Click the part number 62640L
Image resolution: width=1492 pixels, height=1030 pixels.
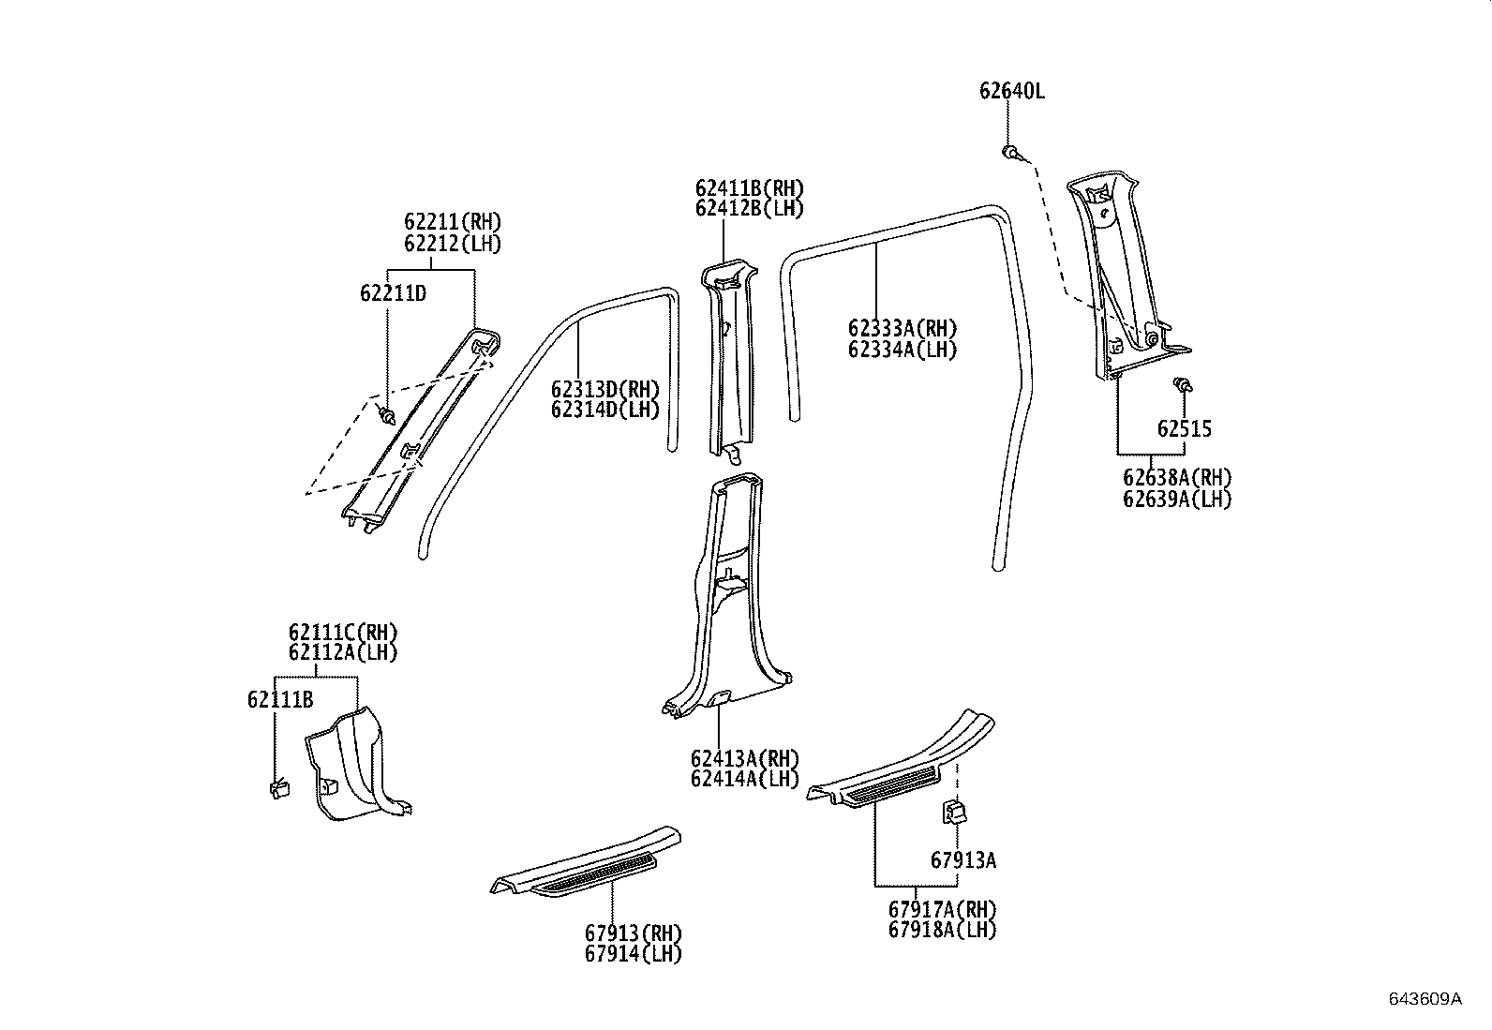coord(1011,91)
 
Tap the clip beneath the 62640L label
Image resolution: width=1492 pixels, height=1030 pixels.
coord(1010,151)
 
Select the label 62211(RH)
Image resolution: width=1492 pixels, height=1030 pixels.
coord(453,222)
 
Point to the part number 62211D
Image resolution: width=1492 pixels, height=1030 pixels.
coord(393,293)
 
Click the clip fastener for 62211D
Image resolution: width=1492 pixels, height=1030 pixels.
coord(386,412)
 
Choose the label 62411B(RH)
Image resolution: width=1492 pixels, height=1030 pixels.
coord(749,188)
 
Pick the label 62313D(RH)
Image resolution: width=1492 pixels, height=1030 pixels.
coord(604,389)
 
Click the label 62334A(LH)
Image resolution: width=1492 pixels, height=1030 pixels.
coord(902,350)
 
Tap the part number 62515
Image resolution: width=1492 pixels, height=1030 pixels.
coord(1184,429)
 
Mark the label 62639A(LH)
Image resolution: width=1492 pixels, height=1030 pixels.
coord(1177,499)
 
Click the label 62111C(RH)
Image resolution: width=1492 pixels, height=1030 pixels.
coord(343,633)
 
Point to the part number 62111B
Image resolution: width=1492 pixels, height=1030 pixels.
coord(280,699)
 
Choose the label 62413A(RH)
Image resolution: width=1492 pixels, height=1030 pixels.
coord(745,758)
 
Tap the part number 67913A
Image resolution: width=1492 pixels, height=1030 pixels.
coord(963,859)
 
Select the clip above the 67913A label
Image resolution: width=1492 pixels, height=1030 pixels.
coord(954,812)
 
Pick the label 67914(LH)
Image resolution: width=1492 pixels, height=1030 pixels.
coord(634,954)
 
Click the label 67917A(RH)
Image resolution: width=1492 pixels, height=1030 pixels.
coord(942,909)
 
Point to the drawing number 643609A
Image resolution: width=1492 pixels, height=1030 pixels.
coord(1425,998)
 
